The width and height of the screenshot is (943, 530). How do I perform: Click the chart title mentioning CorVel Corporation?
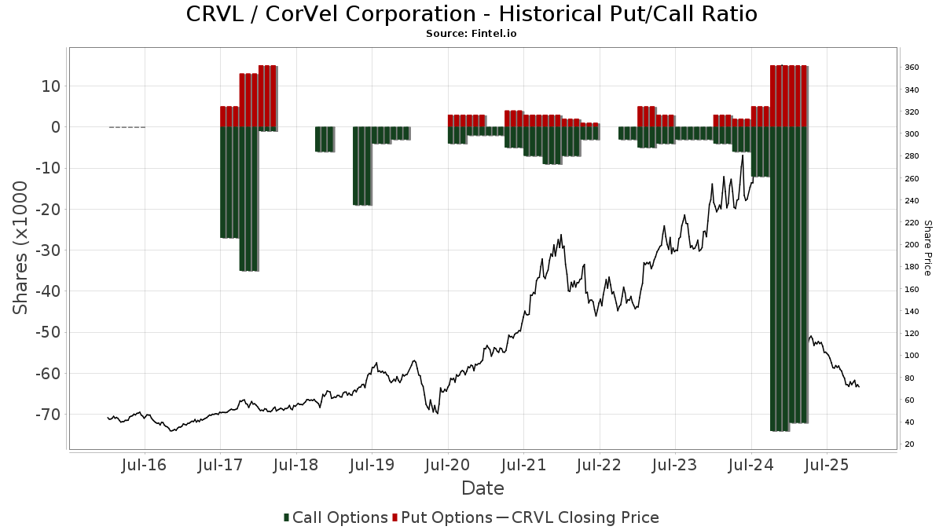pos(472,14)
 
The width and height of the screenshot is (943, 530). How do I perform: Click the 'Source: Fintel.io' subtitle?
pos(472,34)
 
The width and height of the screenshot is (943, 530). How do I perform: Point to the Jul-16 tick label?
pos(145,465)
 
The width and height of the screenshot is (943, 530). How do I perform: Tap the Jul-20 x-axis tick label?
pos(448,465)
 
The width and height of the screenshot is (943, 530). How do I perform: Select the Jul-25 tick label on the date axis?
pos(827,465)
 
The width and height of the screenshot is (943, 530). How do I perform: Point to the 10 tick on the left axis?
pos(52,86)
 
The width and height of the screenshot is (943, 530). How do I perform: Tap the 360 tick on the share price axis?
pos(912,68)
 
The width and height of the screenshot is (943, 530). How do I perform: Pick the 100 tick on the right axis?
pos(912,356)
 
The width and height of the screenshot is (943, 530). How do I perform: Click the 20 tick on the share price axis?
pos(909,444)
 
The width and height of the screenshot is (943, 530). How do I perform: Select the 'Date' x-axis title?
pos(483,488)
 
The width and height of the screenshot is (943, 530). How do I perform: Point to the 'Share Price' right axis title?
pos(927,247)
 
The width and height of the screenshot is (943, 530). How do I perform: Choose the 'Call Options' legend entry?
pos(336,517)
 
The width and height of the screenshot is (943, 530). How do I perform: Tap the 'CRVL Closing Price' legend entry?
pos(578,517)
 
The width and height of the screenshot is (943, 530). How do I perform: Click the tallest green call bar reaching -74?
pos(780,279)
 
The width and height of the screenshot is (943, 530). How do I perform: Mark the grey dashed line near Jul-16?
pos(127,127)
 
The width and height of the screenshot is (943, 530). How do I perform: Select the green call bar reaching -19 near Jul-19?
pos(362,166)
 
